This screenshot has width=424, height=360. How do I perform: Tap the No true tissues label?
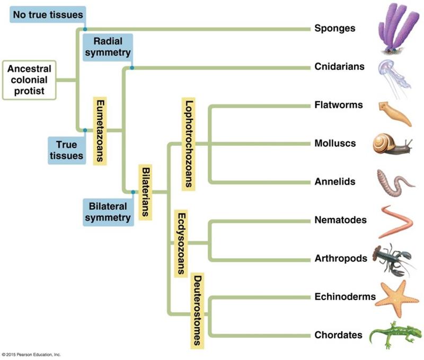[47, 14]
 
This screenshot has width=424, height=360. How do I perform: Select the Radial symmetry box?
[108, 46]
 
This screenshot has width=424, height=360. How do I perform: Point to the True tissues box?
[66, 150]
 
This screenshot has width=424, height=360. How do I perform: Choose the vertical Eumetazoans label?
[98, 130]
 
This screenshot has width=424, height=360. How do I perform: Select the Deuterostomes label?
[197, 310]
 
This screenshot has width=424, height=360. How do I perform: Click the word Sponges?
[334, 28]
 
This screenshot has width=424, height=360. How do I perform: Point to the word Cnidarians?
[339, 67]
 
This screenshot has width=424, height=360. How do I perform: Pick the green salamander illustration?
[394, 335]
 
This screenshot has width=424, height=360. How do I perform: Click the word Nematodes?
[340, 219]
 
